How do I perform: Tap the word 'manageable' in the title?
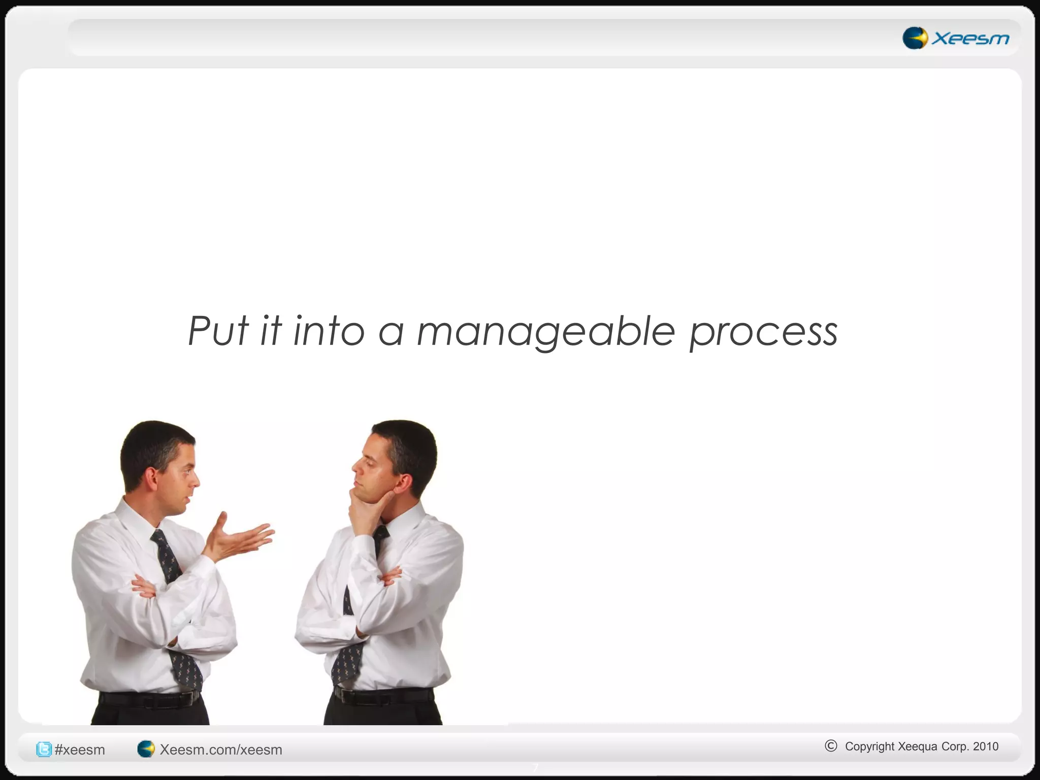(x=546, y=333)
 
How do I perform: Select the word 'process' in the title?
(x=763, y=334)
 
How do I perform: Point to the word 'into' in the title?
(x=329, y=331)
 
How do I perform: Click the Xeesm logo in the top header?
(x=956, y=38)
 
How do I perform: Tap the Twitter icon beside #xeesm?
(x=44, y=749)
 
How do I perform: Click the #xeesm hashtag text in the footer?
(x=80, y=750)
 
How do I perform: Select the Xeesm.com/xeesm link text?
(x=221, y=750)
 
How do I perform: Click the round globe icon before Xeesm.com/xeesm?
(x=146, y=749)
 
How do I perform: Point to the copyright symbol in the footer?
(x=831, y=745)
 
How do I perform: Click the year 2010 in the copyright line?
(x=986, y=746)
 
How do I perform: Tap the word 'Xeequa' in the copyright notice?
(x=918, y=746)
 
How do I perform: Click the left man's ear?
(x=151, y=477)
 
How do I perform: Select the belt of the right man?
(x=383, y=695)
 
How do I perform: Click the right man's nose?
(x=355, y=464)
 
